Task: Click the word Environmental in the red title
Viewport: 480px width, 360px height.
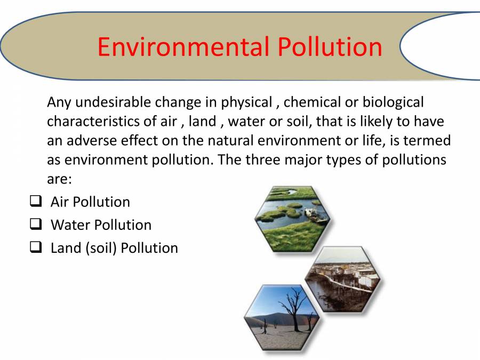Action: tap(183, 46)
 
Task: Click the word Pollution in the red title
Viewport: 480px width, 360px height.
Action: tap(330, 46)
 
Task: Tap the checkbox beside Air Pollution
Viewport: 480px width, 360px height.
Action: tap(36, 202)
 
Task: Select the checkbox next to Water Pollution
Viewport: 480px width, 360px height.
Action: tap(36, 224)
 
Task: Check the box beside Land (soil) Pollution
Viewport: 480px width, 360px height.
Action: tap(36, 247)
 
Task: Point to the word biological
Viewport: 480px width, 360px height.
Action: tap(393, 102)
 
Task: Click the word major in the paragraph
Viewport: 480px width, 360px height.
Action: tap(303, 160)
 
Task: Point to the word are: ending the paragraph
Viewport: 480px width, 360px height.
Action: tap(59, 179)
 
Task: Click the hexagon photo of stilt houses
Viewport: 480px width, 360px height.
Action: tap(343, 279)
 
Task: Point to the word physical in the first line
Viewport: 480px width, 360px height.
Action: tap(247, 102)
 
